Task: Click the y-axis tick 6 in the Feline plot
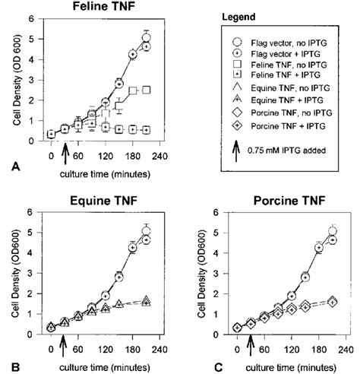(33, 21)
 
